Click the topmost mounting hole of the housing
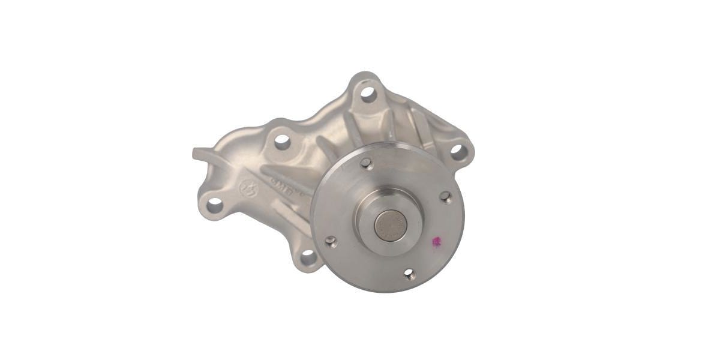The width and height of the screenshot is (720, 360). (x=368, y=94)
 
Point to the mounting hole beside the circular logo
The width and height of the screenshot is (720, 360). (x=214, y=205)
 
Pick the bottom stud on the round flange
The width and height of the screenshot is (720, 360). (x=409, y=274)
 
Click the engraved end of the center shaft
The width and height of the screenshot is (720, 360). (x=391, y=225)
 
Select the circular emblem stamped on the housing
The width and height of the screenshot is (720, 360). (x=248, y=188)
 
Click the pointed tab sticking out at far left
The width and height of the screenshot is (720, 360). (x=199, y=152)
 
